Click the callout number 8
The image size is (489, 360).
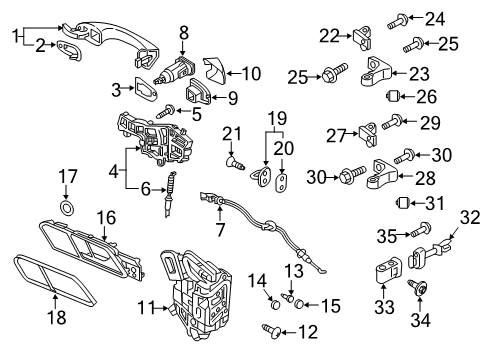click(184, 33)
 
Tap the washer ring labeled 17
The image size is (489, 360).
click(67, 208)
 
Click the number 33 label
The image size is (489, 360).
click(384, 307)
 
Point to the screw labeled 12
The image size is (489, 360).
click(272, 330)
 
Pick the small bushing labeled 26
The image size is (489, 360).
click(392, 96)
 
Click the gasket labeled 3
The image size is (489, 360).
click(146, 89)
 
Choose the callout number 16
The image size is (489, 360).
click(106, 218)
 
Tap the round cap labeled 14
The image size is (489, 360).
click(275, 304)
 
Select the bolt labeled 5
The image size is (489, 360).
click(165, 111)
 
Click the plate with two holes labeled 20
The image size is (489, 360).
click(282, 182)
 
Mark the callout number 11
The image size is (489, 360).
click(147, 307)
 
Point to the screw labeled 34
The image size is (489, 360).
click(417, 287)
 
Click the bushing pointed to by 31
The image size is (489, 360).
click(402, 202)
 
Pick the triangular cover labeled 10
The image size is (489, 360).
click(215, 71)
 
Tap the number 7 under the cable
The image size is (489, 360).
click(220, 230)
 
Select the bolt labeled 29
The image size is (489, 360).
click(392, 122)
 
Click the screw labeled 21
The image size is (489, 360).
click(235, 163)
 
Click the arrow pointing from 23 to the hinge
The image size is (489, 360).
click(398, 74)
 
